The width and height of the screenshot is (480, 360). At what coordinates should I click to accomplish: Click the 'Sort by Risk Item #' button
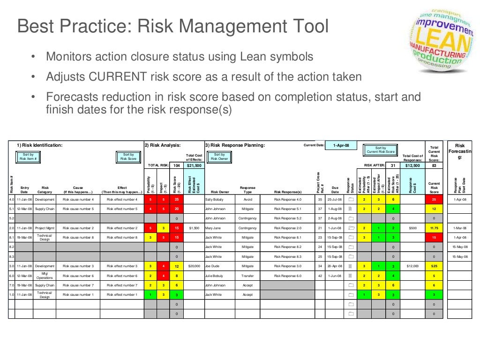point(28,157)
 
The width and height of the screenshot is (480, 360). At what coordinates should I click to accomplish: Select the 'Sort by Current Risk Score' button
point(380,150)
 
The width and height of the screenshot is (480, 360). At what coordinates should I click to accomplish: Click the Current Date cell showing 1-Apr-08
point(341,145)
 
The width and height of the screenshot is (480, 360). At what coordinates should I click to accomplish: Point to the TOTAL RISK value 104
point(176,165)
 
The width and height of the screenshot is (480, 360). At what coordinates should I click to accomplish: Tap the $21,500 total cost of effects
point(194,165)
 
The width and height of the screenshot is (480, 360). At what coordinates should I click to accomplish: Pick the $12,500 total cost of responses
point(413,165)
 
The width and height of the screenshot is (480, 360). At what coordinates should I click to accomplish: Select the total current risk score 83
point(434,165)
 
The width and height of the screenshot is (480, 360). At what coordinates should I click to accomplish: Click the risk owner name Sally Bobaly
point(215,199)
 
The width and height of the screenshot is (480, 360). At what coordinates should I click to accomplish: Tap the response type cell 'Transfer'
point(247,276)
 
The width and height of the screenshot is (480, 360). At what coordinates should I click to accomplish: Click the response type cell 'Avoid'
point(247,199)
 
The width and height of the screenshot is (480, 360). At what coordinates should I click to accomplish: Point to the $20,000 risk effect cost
point(194,266)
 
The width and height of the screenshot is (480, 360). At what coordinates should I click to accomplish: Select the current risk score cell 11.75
point(434,228)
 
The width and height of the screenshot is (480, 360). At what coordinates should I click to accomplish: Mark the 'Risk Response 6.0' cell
point(288,276)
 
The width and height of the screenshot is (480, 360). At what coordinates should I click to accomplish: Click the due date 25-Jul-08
point(335,199)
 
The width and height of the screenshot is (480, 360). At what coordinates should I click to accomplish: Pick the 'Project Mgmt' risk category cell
point(45,228)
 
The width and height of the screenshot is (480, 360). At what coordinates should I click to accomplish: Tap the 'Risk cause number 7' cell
point(78,285)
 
